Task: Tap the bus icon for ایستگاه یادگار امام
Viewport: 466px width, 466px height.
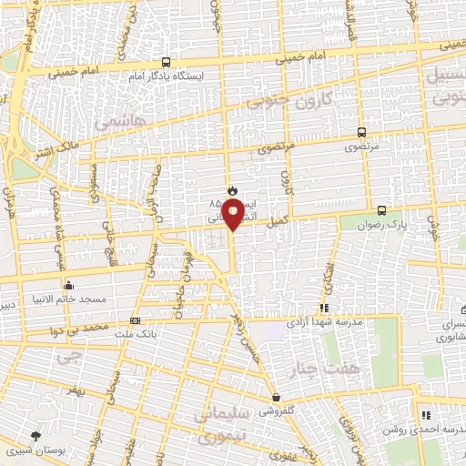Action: (166, 62)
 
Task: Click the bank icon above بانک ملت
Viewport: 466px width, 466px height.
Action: (136, 320)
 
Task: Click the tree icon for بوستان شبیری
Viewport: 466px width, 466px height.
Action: (35, 437)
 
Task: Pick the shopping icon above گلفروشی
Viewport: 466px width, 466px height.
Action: (275, 397)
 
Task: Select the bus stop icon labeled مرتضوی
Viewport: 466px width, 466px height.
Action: (361, 132)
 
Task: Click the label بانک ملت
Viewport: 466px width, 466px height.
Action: (136, 334)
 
